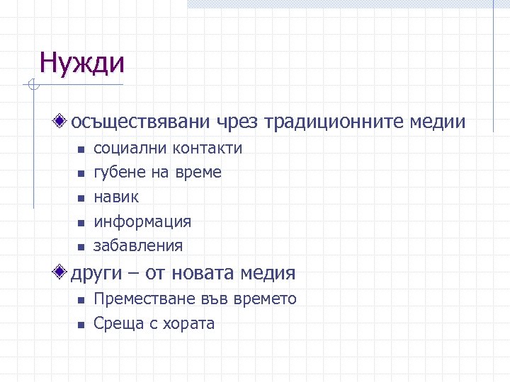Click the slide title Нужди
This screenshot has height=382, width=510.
tap(82, 63)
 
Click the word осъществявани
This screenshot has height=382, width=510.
tap(140, 122)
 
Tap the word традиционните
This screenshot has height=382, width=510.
tap(334, 122)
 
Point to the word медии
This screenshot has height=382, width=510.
tap(438, 122)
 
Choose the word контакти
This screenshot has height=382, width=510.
tap(208, 149)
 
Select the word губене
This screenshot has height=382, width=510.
tap(120, 173)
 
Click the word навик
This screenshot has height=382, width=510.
tap(117, 197)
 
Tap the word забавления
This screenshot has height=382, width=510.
tap(139, 246)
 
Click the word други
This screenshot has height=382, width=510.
tap(96, 272)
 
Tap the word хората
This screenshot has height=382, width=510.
tap(187, 324)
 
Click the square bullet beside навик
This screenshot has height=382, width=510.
tap(81, 198)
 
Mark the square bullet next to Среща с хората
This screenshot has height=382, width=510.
tap(81, 325)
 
